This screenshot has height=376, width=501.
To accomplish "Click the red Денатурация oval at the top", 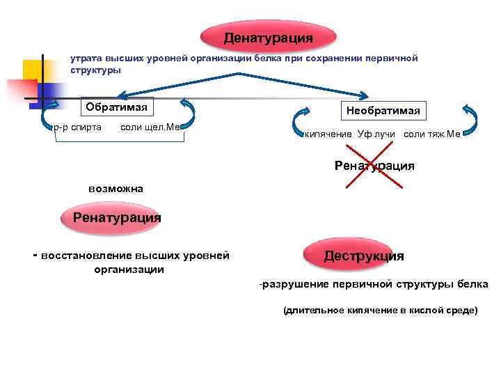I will click(x=268, y=36).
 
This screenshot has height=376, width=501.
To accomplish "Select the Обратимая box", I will click(x=118, y=107).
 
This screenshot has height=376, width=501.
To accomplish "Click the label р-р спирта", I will click(x=77, y=127).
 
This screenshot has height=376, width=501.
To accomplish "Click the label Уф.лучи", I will click(x=376, y=134).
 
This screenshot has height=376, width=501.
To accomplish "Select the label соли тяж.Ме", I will click(x=431, y=134).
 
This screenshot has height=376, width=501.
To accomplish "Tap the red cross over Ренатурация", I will click(x=375, y=166).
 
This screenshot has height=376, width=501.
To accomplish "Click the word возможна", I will click(x=116, y=188).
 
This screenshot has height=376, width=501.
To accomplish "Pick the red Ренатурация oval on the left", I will click(x=116, y=217).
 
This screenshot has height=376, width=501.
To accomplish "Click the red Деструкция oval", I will click(x=363, y=256).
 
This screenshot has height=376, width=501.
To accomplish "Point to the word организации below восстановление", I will click(x=129, y=269).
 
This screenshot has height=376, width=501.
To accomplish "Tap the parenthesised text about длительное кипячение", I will click(x=380, y=311).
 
